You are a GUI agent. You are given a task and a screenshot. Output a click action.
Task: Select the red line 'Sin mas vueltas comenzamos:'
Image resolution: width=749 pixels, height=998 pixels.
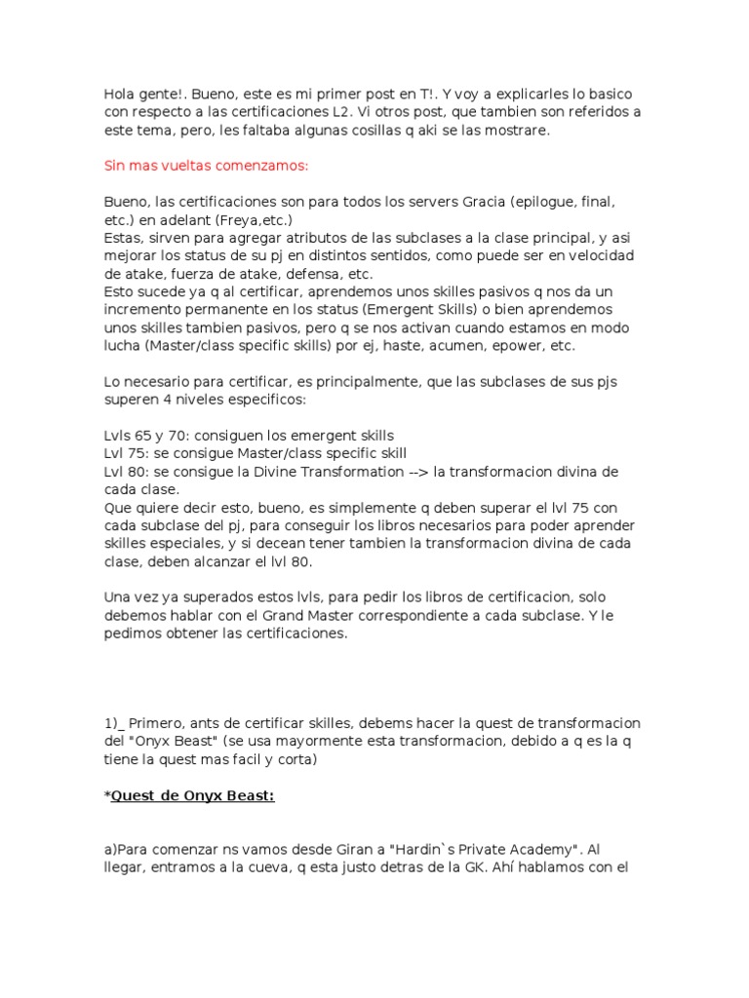pyautogui.click(x=206, y=166)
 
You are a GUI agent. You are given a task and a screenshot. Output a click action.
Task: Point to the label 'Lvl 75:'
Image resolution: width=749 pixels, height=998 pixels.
pyautogui.click(x=127, y=453)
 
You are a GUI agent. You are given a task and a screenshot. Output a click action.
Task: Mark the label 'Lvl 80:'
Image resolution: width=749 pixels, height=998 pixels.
pyautogui.click(x=127, y=472)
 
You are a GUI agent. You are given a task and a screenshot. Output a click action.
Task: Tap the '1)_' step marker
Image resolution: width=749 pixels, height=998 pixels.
pyautogui.click(x=115, y=723)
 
